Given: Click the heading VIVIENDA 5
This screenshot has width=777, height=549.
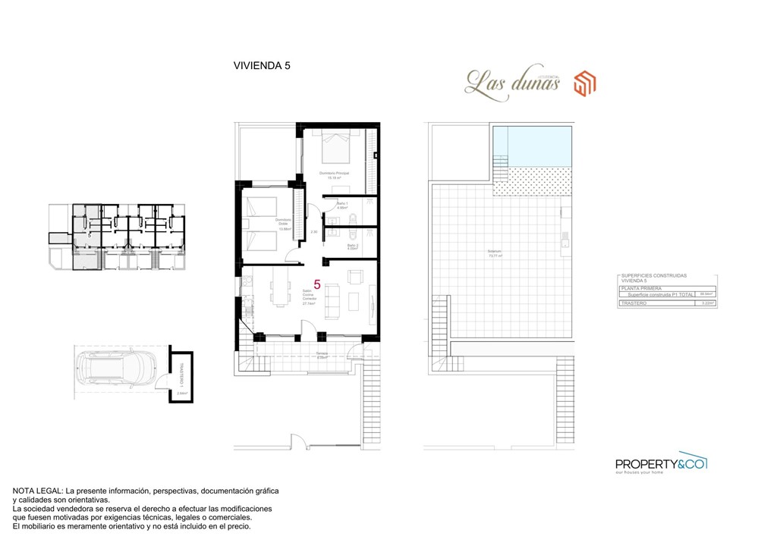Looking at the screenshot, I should pos(262,66).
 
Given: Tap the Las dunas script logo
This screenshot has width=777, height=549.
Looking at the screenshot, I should pos(512,82).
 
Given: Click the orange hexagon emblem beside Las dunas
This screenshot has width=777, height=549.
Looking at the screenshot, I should pos(584,83).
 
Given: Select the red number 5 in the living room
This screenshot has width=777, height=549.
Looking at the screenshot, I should pos(317,285).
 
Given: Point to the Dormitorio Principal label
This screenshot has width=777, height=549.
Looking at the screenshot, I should pos(334,174).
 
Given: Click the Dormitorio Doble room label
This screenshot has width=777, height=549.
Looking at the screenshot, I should pos(282,221).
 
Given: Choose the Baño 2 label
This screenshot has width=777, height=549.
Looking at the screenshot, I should pos(352,246).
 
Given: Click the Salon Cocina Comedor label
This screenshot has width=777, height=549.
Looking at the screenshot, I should pos(309,296).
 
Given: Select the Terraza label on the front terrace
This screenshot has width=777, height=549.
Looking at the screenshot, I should pos(322,354).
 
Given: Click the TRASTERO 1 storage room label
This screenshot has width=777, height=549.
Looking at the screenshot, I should pos(181,374).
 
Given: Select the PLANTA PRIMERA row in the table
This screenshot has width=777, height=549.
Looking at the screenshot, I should pos(641,288).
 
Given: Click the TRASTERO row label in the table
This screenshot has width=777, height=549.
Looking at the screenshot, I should pos(634,303).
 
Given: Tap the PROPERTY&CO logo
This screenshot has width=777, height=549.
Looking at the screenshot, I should pos(660,463).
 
